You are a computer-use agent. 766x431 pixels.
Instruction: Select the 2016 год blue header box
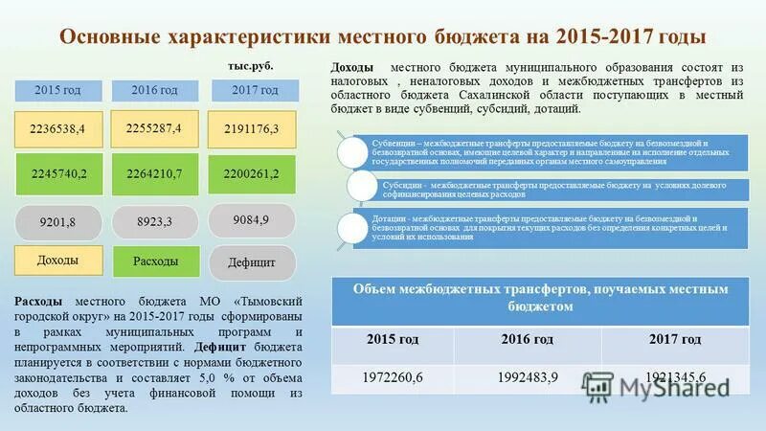pos(155,90)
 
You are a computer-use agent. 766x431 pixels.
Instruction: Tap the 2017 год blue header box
pos(256,90)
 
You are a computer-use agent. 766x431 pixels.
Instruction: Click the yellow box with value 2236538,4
pos(58,129)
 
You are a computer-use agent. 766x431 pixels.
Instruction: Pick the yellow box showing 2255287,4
pos(154,127)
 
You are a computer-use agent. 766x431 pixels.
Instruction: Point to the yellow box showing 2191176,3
pos(251,129)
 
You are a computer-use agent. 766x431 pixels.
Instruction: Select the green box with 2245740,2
pos(58,174)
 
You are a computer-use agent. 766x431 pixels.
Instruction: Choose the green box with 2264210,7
pos(154,174)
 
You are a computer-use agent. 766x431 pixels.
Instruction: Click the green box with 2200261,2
pos(251,174)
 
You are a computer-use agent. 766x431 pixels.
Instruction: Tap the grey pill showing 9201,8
pos(57,223)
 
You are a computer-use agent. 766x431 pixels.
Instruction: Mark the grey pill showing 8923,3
pos(154,221)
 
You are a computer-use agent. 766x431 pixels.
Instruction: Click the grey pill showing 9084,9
pos(251,219)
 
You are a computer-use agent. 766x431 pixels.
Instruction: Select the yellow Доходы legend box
pos(57,260)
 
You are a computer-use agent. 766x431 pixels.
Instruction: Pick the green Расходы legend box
pos(155,261)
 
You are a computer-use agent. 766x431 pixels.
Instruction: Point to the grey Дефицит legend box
pos(252,261)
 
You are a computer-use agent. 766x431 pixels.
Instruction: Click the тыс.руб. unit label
pos(251,66)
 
